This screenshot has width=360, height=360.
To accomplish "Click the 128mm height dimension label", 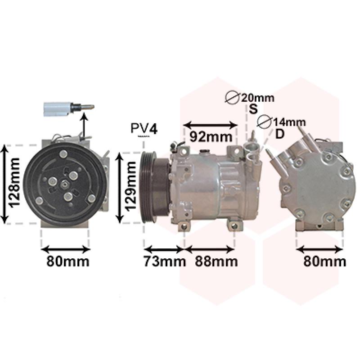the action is (x=14, y=183).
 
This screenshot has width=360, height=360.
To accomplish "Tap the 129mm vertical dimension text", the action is (x=130, y=186).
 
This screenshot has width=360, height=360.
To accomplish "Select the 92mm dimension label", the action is (x=211, y=137).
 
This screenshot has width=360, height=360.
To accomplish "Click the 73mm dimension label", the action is (x=165, y=261).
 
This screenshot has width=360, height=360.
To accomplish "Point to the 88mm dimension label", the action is (x=216, y=261).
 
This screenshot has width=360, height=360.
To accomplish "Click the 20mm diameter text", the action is (x=257, y=98).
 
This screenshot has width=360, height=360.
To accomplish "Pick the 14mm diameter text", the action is (x=289, y=122).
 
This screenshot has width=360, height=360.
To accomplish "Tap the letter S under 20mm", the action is (x=253, y=109).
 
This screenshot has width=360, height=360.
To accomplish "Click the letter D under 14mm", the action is (x=279, y=134).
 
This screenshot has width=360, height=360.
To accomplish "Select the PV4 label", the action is (x=144, y=128).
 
